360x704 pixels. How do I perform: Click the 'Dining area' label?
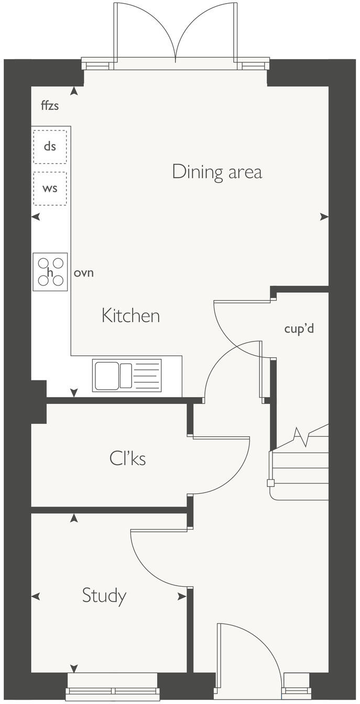217,172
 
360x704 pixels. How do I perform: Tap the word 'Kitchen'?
130,316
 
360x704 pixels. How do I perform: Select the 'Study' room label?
104,596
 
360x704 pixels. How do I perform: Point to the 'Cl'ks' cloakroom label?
127,459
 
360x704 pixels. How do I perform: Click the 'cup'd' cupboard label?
299,329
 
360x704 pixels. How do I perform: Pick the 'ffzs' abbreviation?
50,106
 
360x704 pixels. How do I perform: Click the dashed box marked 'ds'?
50,146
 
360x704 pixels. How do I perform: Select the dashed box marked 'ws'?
50,188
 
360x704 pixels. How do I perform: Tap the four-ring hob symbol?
50,272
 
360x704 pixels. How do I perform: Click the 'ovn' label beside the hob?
84,272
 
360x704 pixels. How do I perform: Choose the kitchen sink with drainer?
127,375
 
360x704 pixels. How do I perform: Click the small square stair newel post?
270,483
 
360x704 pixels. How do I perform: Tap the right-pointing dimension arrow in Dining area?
324,216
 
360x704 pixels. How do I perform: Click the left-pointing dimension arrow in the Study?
36,596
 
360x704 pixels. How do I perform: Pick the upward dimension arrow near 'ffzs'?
74,91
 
